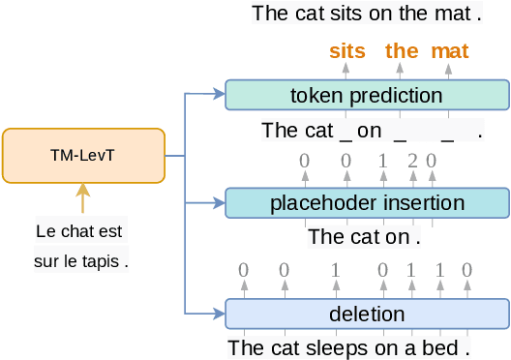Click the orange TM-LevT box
point(83,155)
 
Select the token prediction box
point(366,95)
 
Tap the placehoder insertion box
point(366,203)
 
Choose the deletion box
point(366,315)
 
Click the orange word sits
point(347,51)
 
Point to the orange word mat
point(449,51)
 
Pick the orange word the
point(402,51)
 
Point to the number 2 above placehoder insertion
point(412,160)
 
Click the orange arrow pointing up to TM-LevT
point(83,198)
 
